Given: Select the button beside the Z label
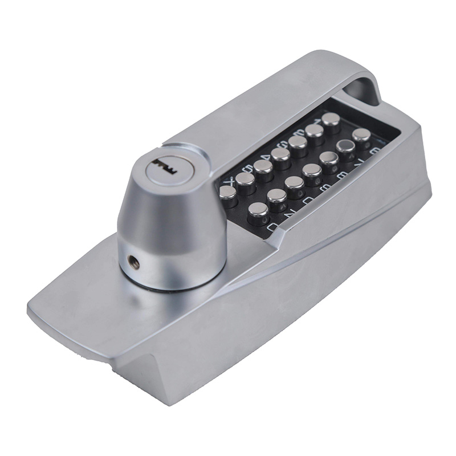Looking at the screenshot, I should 277,197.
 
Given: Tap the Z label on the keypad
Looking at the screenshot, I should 291,213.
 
